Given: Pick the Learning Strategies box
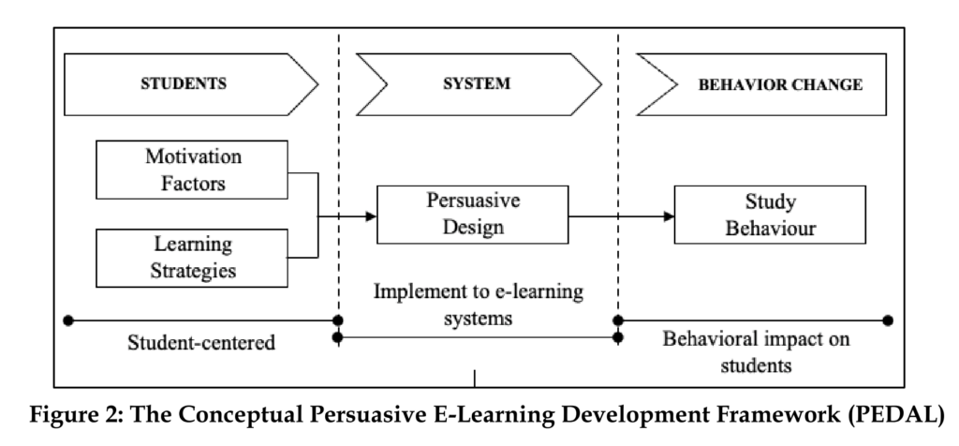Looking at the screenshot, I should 192,257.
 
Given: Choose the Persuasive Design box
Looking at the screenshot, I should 472,216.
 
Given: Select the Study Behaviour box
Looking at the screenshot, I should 757,216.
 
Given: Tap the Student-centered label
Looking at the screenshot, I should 201,342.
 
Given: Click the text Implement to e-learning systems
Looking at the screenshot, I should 479,305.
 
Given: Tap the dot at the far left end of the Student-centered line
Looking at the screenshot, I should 67,320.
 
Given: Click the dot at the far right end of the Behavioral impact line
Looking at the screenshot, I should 888,320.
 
